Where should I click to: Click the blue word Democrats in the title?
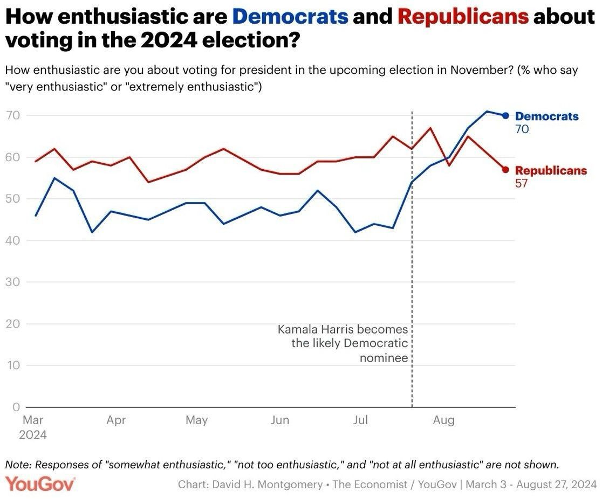tap(290, 17)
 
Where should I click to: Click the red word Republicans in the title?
tap(462, 17)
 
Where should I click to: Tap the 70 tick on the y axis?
tap(13, 115)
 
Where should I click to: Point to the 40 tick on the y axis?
tap(13, 240)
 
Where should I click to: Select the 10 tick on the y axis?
tap(13, 365)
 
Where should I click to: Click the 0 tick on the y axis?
tap(16, 407)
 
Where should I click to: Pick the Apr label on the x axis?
tap(116, 420)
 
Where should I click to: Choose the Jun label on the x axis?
tap(279, 420)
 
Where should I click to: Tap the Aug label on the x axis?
tap(443, 420)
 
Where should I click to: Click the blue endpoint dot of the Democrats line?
tap(505, 115)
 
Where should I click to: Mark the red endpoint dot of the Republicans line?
tap(505, 170)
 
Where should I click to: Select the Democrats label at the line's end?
tap(546, 116)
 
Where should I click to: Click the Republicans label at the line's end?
tap(551, 170)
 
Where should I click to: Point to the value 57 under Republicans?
tap(522, 183)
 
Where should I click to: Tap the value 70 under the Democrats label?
tap(522, 129)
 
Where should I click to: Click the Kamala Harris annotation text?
tap(343, 343)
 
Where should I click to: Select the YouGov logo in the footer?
tap(40, 483)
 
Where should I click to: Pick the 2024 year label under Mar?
tap(32, 434)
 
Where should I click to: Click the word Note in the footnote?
tap(17, 465)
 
